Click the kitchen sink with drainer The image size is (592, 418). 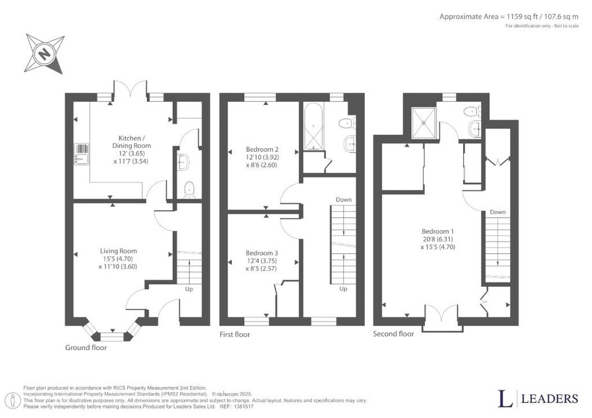[x=82, y=154]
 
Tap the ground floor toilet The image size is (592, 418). [x=189, y=189]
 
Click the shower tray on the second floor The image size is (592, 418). [x=424, y=123]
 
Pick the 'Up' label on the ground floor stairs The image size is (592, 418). [x=189, y=289]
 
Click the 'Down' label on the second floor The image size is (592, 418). [x=498, y=212]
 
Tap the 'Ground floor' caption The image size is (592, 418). [x=86, y=348]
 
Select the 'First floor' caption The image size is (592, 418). [x=235, y=334]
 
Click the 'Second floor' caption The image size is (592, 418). [x=393, y=334]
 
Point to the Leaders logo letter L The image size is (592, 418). [x=505, y=398]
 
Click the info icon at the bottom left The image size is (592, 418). [x=14, y=400]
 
